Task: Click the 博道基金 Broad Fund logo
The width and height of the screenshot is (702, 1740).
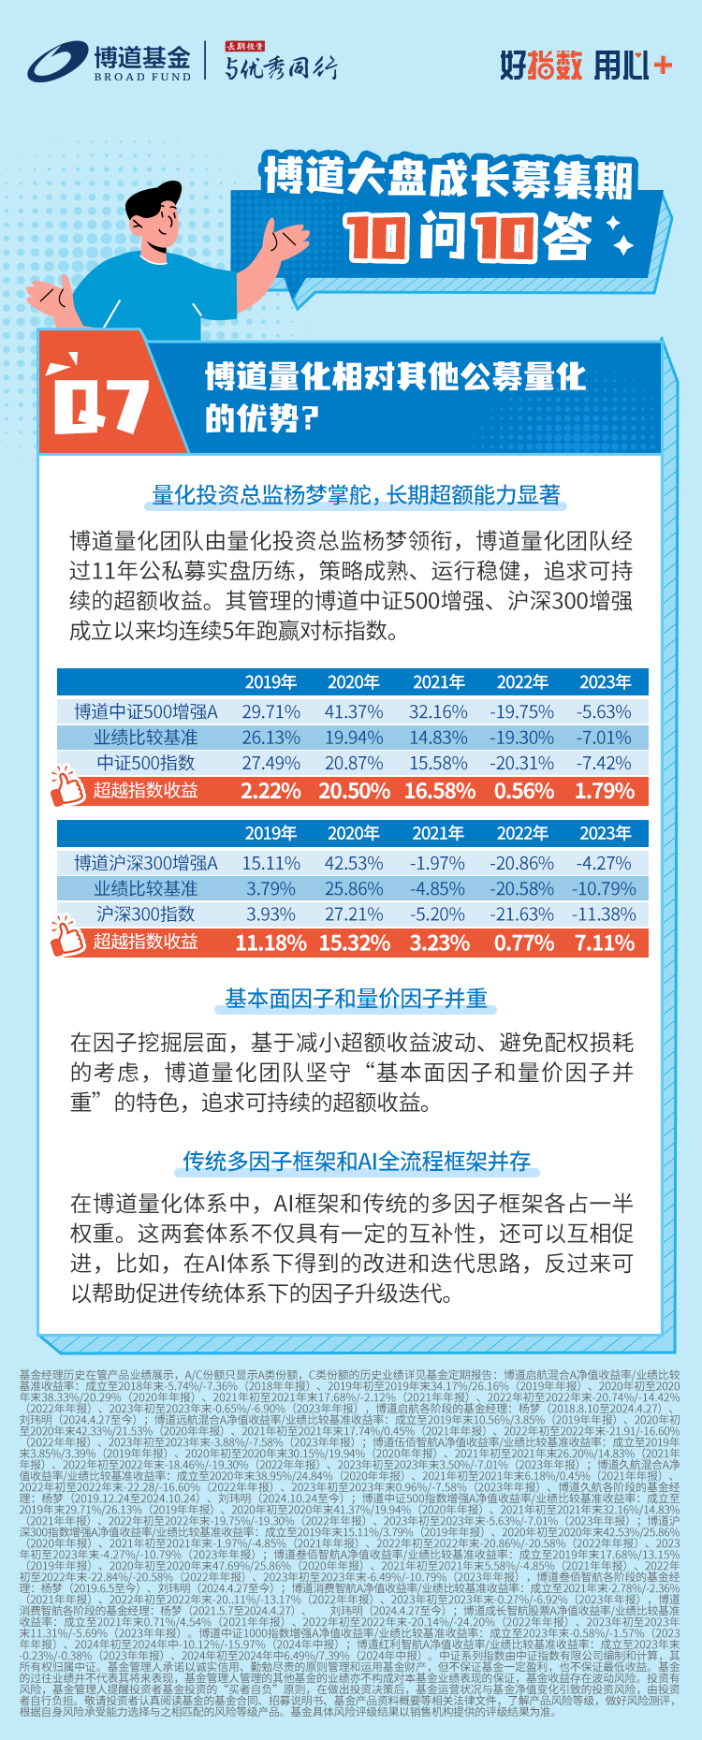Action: click(109, 64)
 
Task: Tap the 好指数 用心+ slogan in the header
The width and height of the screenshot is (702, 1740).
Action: click(585, 65)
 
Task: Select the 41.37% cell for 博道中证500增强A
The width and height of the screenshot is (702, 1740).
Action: click(354, 712)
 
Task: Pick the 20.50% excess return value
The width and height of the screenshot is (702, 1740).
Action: click(354, 791)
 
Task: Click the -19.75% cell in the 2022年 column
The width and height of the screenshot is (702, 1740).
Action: click(522, 712)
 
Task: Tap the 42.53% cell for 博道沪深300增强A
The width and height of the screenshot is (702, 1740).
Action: click(354, 863)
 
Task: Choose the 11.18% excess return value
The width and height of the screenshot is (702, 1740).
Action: click(271, 943)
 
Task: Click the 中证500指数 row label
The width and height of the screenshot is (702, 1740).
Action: click(146, 763)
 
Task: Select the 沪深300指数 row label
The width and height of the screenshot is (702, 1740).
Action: click(146, 914)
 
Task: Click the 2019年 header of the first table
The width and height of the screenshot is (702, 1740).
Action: click(271, 682)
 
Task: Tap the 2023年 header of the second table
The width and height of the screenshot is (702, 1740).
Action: click(606, 833)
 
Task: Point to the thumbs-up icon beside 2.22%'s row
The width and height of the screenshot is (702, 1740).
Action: click(66, 787)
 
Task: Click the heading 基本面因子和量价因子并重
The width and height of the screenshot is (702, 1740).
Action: click(357, 999)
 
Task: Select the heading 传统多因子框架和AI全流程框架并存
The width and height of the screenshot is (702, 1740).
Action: click(357, 1162)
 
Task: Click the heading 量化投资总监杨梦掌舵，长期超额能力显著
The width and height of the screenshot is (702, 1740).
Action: click(357, 495)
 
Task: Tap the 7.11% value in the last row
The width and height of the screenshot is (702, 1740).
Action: click(606, 943)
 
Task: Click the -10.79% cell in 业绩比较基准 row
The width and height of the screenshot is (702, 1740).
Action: click(606, 888)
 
